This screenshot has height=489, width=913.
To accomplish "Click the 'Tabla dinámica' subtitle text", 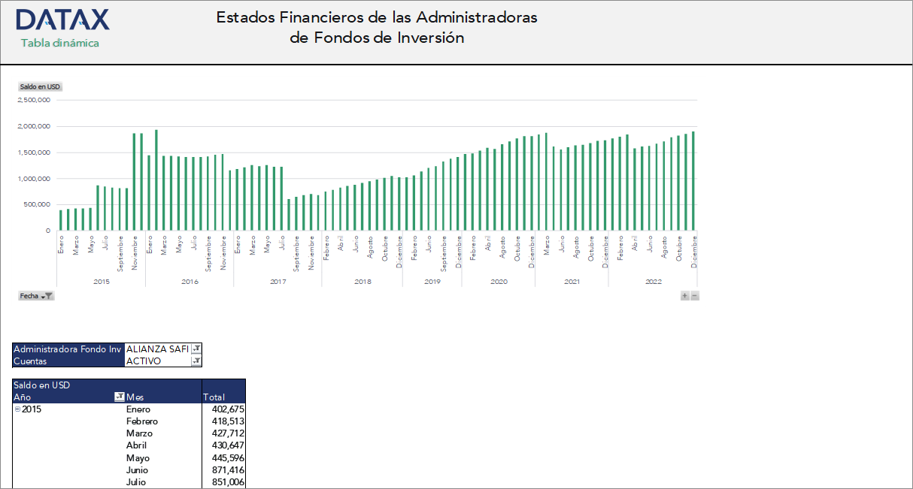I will point(60,43).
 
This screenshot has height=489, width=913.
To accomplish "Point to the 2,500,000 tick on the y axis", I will point(34,100).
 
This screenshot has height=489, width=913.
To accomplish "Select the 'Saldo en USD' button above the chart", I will point(40,87).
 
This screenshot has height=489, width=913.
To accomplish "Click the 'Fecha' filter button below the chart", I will point(35,296).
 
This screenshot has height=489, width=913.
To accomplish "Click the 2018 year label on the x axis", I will point(362,282).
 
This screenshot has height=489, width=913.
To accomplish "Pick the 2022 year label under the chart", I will point(654,282).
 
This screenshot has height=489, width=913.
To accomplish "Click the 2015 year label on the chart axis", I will point(102,282).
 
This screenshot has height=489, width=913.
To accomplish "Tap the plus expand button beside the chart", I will point(684,296).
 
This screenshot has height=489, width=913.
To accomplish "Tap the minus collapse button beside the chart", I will point(694,296).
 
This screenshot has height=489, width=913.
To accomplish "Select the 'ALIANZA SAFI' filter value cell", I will point(157,349).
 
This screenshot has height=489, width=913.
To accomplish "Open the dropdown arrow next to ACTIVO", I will point(196,361).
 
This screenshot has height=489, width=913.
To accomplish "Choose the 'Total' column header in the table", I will point(214,397).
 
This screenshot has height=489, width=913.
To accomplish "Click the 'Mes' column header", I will point(135,397).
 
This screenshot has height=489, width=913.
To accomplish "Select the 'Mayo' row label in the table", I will point(138,458).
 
